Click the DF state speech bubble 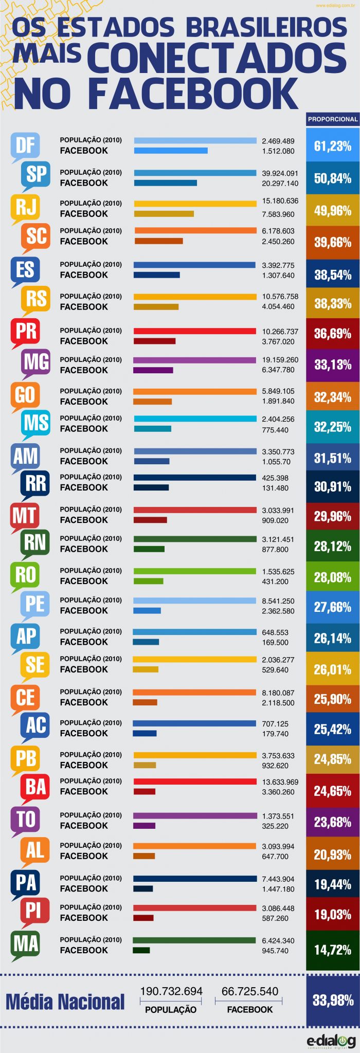(x=25, y=145)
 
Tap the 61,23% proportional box (x=333, y=146)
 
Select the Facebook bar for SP (x=166, y=183)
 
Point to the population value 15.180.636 (x=280, y=201)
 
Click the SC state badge (x=36, y=236)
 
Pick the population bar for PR (x=195, y=331)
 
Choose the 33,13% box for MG (x=333, y=365)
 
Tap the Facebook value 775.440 (x=275, y=430)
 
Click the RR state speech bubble (x=36, y=483)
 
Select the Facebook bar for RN (x=149, y=549)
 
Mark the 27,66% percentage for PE (x=333, y=607)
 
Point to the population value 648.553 (x=275, y=632)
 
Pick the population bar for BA (x=195, y=782)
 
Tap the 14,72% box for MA (x=333, y=950)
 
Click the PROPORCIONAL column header (x=333, y=119)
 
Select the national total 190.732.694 (x=171, y=991)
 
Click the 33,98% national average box (x=333, y=1000)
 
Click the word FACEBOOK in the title (x=193, y=94)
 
